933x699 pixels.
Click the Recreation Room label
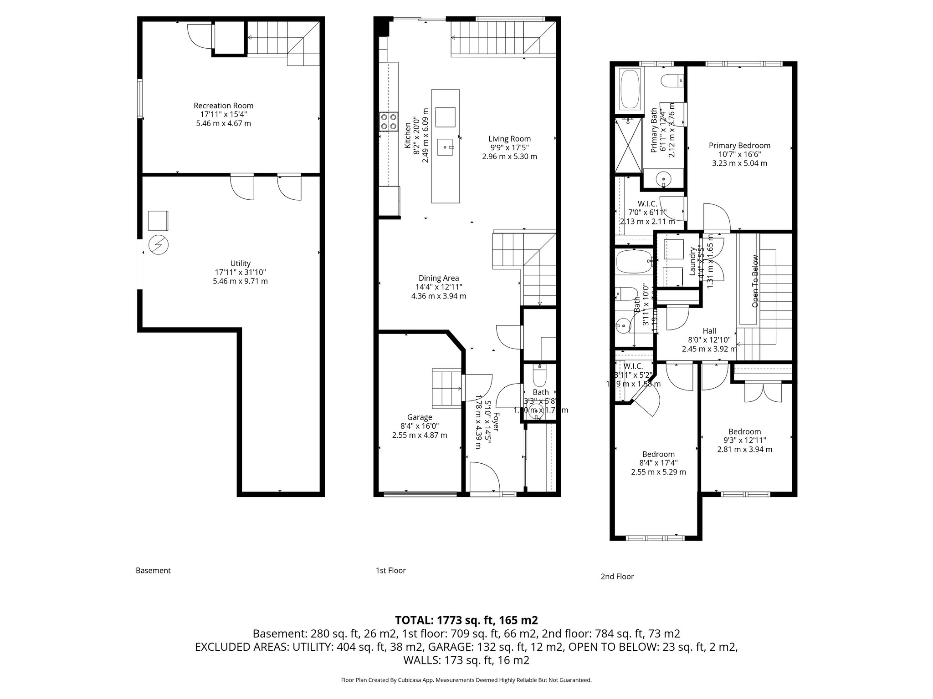pos(223,106)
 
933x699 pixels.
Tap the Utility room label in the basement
pos(240,263)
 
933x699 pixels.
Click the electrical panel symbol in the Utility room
pos(159,245)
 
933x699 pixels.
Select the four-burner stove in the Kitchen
pos(388,122)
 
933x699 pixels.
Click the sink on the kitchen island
pos(446,147)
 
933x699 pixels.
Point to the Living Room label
pos(509,139)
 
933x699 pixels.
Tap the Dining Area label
pos(439,278)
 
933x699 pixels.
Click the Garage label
pos(419,417)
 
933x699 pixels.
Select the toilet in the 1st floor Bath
pos(539,375)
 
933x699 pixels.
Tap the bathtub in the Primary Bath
pos(630,89)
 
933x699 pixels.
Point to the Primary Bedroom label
pos(739,146)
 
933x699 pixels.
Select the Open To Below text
pos(755,281)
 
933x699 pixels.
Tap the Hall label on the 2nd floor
pos(709,331)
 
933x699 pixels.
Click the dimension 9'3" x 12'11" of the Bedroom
pos(744,441)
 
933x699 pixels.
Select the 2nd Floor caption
pos(617,577)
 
